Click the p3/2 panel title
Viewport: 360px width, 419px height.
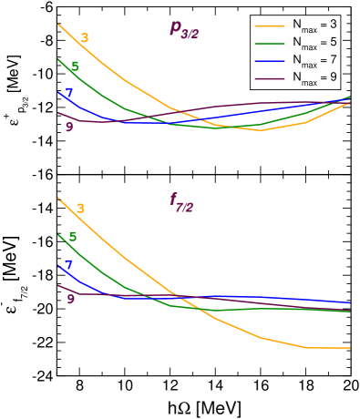183,28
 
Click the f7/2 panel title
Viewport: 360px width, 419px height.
182,203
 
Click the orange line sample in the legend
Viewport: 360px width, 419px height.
270,27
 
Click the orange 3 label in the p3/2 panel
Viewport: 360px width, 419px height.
85,37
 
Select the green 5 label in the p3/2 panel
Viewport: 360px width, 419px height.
75,66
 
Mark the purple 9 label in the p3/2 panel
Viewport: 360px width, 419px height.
69,127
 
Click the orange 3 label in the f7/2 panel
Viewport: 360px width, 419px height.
81,209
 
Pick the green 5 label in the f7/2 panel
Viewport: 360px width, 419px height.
73,237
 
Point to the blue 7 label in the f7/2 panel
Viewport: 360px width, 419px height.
68,265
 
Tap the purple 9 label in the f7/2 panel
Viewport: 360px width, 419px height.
70,298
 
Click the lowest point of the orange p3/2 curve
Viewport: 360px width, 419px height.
261,130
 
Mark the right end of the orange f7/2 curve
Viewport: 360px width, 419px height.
350,348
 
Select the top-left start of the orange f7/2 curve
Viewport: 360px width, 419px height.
58,198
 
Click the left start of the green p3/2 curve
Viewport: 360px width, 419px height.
58,59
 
